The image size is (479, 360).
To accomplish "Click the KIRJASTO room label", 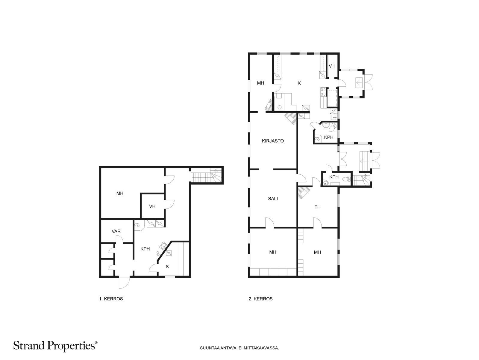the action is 273,141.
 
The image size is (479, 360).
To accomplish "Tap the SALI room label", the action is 273,199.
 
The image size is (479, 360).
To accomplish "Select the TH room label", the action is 318,207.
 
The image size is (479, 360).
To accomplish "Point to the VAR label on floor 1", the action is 116,231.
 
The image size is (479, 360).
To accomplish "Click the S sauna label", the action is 167,267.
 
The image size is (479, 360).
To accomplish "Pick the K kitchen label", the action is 299,83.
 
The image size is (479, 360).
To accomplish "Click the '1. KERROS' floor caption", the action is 111,299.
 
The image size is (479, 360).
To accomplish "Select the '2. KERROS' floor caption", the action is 260,299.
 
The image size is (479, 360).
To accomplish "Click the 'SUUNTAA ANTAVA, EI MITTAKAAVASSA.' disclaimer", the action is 239,348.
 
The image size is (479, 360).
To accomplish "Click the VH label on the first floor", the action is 152,206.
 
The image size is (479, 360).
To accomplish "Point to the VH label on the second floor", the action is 332,66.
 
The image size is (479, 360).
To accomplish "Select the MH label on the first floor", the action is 120,193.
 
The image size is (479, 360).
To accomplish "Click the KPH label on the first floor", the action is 145,249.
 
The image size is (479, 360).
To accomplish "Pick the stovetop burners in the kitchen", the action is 323,91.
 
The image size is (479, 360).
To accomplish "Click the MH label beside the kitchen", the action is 260,83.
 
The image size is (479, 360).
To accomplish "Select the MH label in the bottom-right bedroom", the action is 317,252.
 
